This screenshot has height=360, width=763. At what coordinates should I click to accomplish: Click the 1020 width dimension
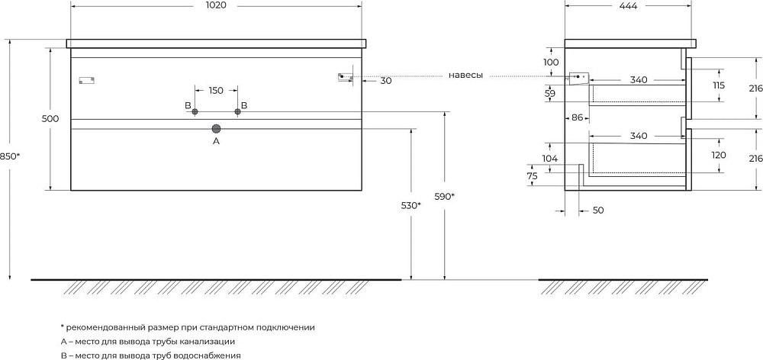tap(216, 5)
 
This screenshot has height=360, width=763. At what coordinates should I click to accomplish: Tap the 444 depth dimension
tap(628, 5)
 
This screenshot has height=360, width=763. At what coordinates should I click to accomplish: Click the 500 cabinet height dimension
tap(50, 119)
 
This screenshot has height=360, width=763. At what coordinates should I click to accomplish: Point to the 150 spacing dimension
tap(216, 91)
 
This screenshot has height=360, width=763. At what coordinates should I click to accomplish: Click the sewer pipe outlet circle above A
tap(217, 128)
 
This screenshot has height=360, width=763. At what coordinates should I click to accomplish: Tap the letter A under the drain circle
tap(217, 142)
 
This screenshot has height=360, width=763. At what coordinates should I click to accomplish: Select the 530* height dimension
tap(411, 205)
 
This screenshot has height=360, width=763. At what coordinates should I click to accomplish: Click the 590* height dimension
tap(445, 196)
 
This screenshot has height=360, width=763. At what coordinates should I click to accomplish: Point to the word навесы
tap(465, 76)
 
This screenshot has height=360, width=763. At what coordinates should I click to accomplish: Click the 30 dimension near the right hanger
tap(386, 81)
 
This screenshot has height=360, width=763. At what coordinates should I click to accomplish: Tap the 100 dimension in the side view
tap(552, 63)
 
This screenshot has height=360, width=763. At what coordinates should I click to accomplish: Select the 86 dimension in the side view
tap(577, 117)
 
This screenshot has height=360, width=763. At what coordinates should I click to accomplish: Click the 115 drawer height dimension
tap(718, 85)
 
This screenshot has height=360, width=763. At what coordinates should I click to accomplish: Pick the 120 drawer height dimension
tap(719, 155)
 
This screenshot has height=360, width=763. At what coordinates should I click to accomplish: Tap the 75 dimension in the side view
tap(533, 177)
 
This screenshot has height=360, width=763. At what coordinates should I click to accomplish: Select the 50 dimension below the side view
tap(598, 211)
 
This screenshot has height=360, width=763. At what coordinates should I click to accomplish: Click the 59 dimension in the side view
tap(551, 93)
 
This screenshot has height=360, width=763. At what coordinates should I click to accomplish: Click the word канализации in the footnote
tap(210, 342)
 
